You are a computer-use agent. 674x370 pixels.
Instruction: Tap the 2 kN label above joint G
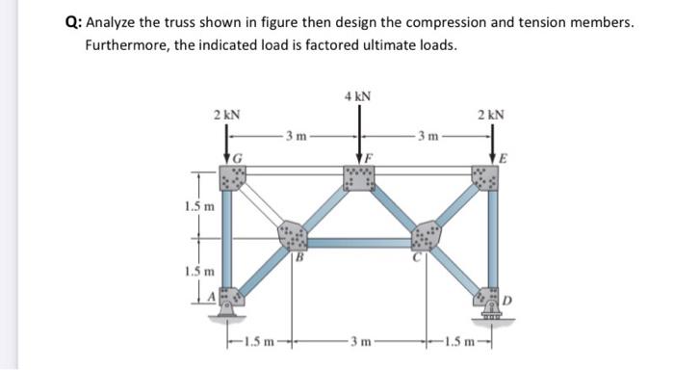pos(227,114)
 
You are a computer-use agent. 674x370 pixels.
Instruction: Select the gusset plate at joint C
pos(426,235)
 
